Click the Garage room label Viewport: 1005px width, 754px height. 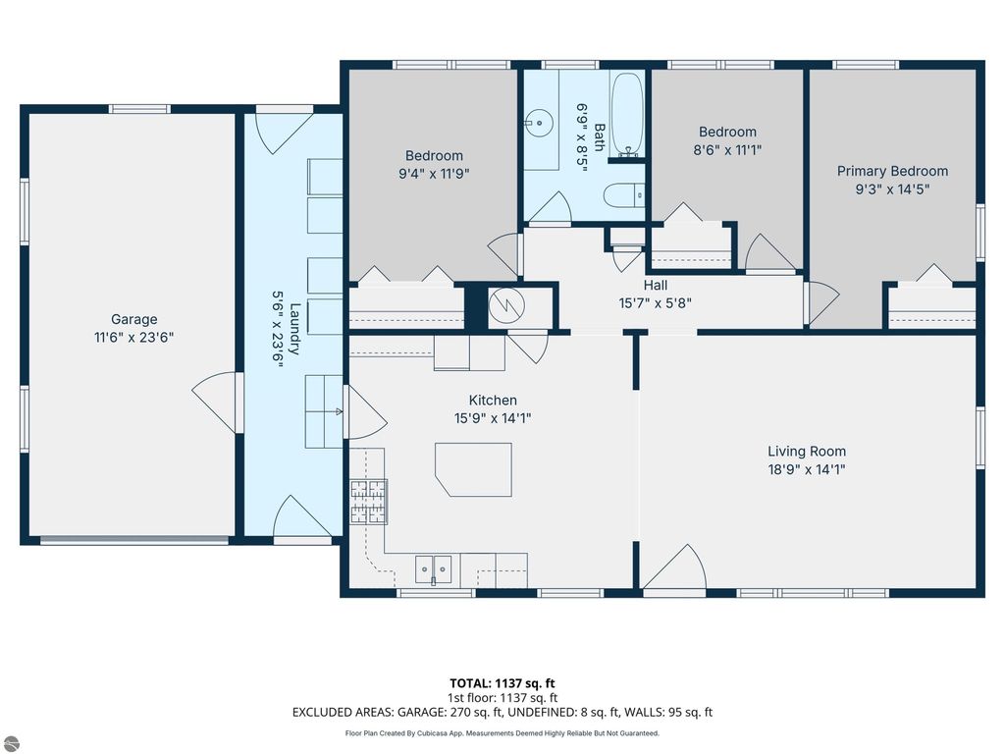(133, 319)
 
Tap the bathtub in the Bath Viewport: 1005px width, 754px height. (627, 118)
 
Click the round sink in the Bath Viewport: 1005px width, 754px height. (537, 123)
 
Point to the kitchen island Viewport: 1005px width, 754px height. (475, 468)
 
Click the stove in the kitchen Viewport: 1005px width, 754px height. (368, 502)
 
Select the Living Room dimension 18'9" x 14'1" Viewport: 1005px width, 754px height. (806, 469)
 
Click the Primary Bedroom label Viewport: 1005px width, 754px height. (892, 171)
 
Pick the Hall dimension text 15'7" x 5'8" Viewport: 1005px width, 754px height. (656, 302)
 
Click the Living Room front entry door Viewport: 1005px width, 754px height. (676, 568)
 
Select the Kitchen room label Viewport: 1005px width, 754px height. (492, 400)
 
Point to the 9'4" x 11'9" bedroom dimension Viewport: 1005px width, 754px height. (434, 174)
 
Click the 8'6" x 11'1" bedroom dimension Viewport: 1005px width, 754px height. (727, 150)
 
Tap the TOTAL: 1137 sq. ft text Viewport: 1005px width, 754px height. (502, 682)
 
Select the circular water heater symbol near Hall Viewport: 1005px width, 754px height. (509, 306)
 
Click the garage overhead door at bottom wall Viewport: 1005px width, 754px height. (133, 539)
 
